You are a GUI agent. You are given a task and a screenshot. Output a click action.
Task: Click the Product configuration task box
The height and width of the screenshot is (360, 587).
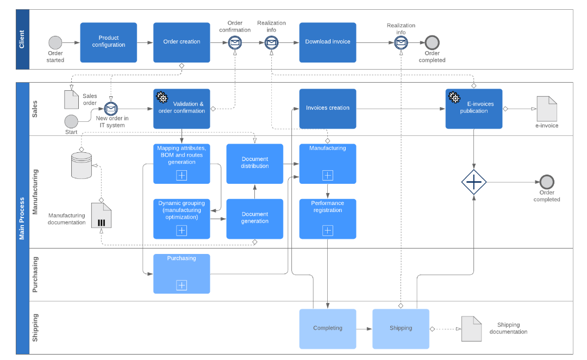pos(109,42)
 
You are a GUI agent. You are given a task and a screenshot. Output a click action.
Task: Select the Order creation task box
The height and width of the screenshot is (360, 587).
pos(182,42)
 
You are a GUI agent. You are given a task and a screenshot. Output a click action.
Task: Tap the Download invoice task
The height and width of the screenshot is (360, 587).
pos(328,42)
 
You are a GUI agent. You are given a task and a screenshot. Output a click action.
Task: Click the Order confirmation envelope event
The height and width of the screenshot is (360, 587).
pos(235,42)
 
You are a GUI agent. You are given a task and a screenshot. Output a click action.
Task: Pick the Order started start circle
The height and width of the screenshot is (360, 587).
pos(55,42)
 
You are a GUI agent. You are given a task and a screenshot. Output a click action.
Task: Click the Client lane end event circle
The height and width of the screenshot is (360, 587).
pos(432,42)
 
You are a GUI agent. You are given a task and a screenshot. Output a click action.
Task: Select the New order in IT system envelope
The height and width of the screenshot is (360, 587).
pos(111,109)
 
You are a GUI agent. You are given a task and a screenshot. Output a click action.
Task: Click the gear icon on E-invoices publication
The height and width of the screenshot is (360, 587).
pos(454,97)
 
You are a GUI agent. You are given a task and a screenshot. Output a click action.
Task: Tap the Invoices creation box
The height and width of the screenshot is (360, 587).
pos(328,108)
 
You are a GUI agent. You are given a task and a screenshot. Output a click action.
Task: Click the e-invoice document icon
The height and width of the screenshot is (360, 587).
pos(547,109)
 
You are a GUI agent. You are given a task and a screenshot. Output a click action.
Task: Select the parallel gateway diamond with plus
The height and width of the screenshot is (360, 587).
pos(474,182)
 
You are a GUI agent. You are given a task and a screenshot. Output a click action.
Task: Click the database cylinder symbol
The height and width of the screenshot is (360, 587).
pos(82,165)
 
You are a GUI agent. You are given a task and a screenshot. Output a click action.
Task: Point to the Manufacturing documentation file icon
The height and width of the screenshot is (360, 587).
pos(101,215)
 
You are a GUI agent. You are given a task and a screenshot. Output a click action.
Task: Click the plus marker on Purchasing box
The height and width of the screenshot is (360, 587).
pos(182,285)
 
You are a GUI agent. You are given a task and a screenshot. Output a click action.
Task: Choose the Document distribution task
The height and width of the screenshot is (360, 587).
pos(255,163)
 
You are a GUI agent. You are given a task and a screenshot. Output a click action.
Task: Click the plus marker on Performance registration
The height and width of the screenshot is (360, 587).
pos(328,231)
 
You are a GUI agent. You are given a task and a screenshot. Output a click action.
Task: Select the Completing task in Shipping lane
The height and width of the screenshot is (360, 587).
pos(328,328)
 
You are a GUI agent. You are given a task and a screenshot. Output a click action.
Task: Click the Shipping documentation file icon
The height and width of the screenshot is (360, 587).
pos(471,329)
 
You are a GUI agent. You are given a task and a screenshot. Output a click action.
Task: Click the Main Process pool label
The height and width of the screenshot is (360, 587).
pos(22,218)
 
